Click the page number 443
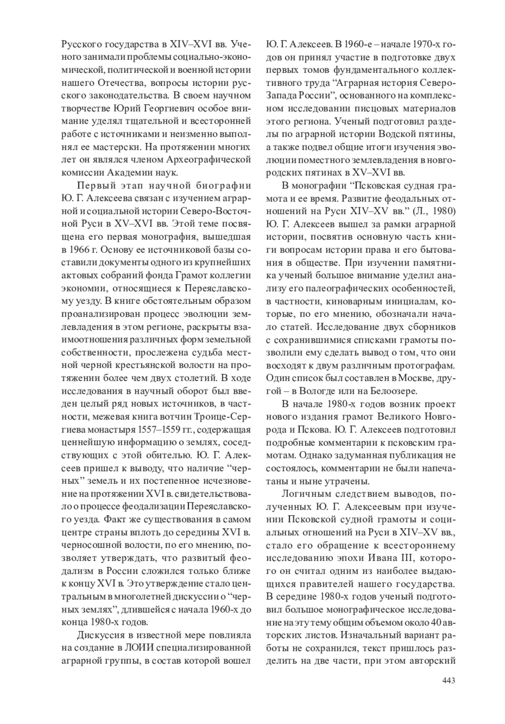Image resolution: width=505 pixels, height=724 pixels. click(448, 680)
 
